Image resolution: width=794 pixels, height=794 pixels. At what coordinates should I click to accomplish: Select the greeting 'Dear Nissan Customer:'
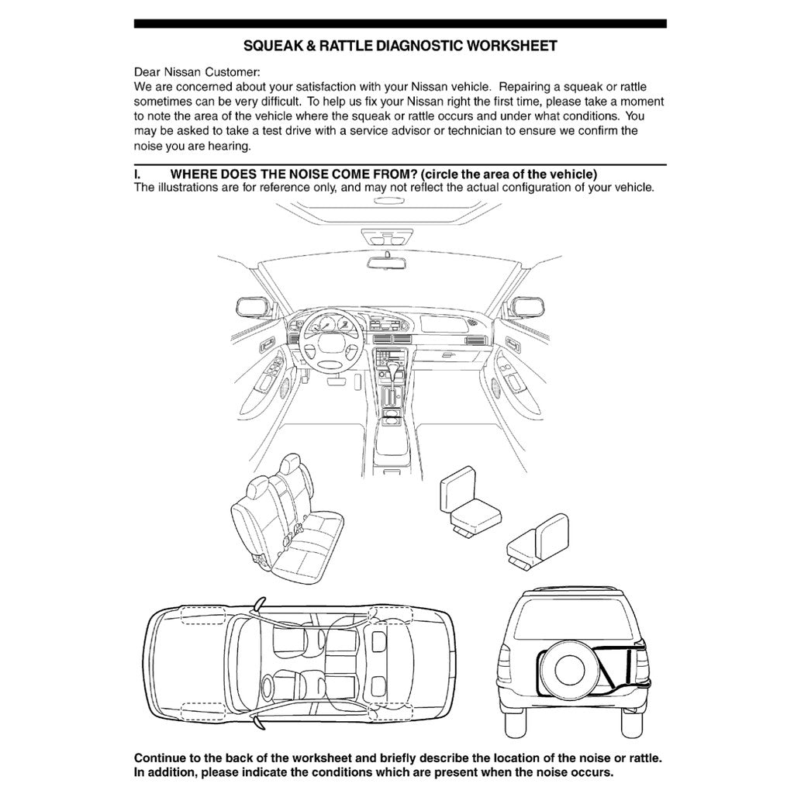coord(197,72)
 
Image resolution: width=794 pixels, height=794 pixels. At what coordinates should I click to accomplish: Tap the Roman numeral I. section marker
coord(139,174)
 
